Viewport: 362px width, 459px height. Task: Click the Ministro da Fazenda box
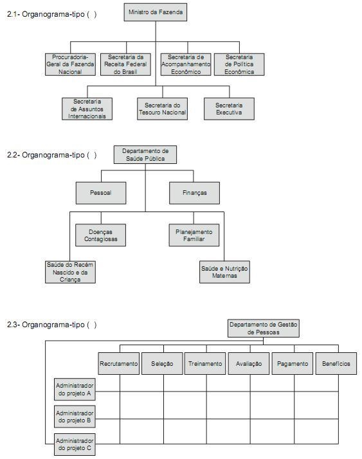pyautogui.click(x=155, y=12)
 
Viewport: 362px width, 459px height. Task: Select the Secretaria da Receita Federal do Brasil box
pyautogui.click(x=125, y=64)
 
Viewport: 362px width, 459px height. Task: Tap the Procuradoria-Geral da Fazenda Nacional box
pyautogui.click(x=70, y=64)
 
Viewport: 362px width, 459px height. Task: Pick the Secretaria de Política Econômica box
pyautogui.click(x=239, y=64)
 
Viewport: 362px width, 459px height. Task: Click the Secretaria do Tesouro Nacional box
pyautogui.click(x=162, y=109)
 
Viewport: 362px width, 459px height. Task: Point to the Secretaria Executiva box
pyautogui.click(x=229, y=109)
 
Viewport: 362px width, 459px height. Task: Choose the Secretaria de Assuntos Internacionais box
pyautogui.click(x=87, y=109)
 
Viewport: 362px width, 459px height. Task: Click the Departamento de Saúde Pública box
pyautogui.click(x=145, y=154)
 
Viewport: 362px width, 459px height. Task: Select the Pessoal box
pyautogui.click(x=101, y=193)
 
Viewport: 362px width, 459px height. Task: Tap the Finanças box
pyautogui.click(x=194, y=193)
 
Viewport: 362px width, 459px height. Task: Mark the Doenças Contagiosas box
pyautogui.click(x=100, y=235)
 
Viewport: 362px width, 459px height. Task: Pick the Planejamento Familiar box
pyautogui.click(x=194, y=235)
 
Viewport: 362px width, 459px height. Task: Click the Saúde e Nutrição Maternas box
pyautogui.click(x=224, y=272)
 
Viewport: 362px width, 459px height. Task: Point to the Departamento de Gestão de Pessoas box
pyautogui.click(x=264, y=328)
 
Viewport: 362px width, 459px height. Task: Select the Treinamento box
pyautogui.click(x=205, y=364)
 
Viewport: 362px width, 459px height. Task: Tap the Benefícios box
pyautogui.click(x=336, y=364)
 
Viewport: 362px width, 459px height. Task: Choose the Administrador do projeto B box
pyautogui.click(x=75, y=417)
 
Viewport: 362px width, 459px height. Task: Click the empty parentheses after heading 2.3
pyautogui.click(x=92, y=325)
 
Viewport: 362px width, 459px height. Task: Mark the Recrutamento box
pyautogui.click(x=118, y=364)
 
